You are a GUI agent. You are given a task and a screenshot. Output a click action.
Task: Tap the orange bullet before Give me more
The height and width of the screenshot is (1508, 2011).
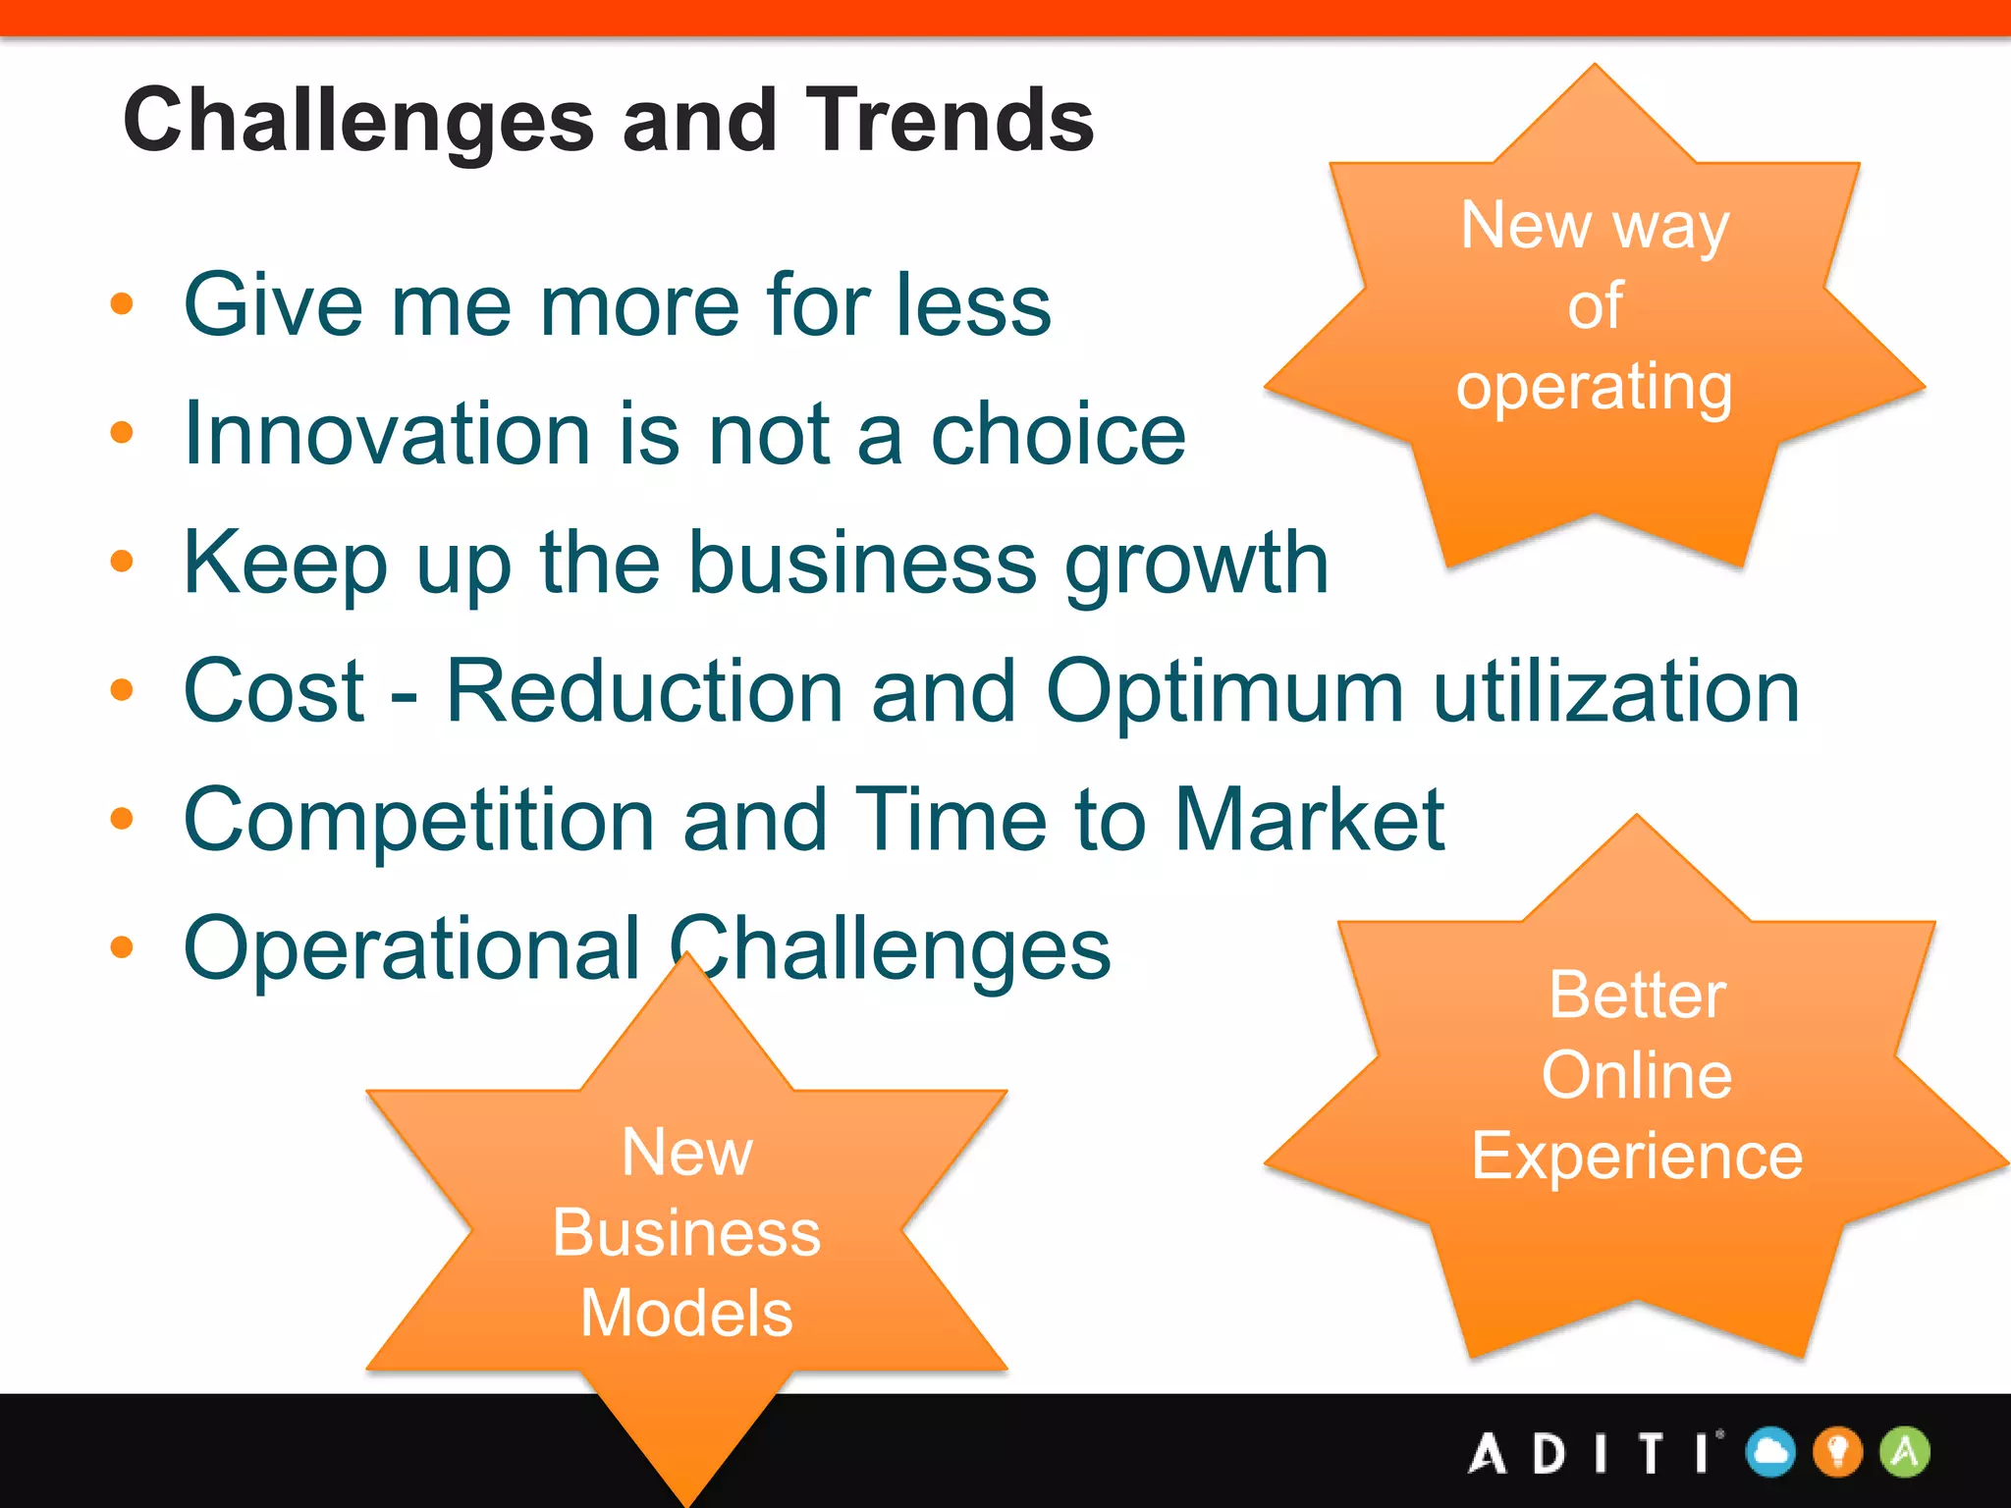coord(122,303)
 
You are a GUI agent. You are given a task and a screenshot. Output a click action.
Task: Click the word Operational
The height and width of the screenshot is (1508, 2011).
coord(412,949)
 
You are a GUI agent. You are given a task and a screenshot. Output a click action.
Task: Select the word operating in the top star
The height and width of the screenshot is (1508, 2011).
coord(1594,389)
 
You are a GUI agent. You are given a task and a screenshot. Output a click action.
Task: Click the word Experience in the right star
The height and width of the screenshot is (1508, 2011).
coord(1637,1157)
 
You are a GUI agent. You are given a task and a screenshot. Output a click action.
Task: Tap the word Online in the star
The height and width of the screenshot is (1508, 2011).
coord(1637,1075)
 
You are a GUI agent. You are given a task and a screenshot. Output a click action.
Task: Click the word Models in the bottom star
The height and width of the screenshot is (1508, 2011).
coord(686,1314)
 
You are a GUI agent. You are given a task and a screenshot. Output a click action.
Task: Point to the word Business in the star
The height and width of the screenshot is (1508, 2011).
coord(686,1233)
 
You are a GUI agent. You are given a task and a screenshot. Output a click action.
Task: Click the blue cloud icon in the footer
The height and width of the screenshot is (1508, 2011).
coord(1770,1452)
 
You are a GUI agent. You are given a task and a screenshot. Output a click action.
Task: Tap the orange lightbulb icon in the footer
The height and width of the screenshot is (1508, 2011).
coord(1837,1452)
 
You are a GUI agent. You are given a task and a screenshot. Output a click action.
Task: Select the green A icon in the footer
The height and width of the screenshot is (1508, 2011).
coord(1905,1452)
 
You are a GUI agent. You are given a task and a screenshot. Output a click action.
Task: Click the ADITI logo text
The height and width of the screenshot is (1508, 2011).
coord(1594,1453)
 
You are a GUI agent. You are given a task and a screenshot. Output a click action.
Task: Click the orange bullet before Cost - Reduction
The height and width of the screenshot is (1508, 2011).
coord(122,690)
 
